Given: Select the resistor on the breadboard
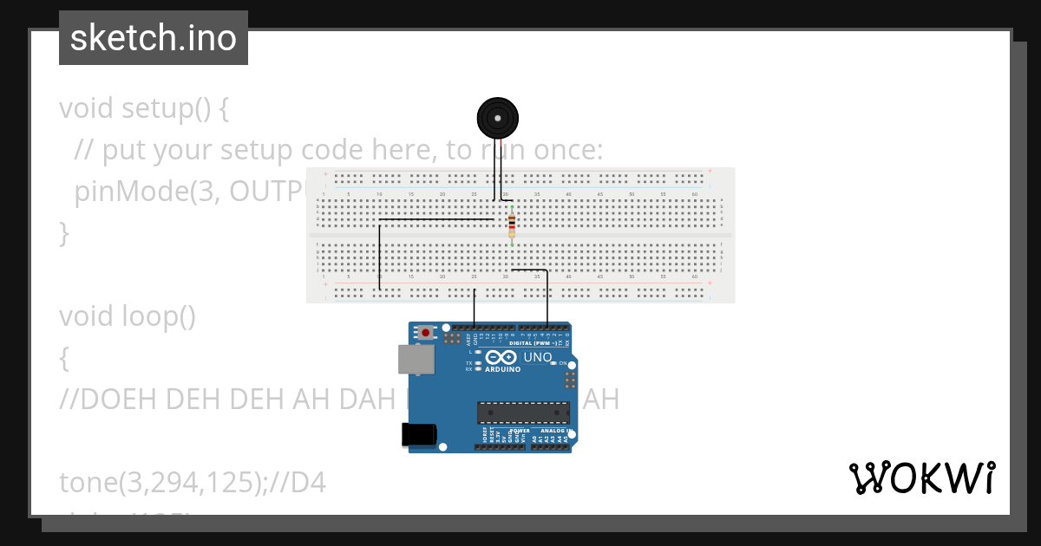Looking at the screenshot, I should tap(512, 225).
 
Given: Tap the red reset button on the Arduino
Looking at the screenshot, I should tap(425, 331).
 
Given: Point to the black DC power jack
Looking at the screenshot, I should tap(419, 434).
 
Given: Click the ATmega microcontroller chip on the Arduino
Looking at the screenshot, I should tap(523, 413).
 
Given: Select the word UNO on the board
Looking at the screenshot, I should tap(538, 357).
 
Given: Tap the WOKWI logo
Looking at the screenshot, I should tap(921, 478).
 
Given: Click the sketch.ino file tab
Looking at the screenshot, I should tap(154, 38).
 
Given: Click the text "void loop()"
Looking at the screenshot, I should tap(128, 316).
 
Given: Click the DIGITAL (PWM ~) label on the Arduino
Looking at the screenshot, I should tap(538, 343).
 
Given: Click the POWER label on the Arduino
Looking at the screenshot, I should tap(520, 431).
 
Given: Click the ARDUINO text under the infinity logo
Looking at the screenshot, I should tap(503, 369).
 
